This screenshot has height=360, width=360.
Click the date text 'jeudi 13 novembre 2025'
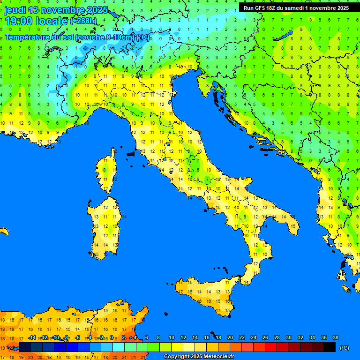(x=56, y=10)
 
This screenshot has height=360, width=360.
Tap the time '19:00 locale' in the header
(x=37, y=21)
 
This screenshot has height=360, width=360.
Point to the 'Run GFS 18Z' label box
(x=296, y=8)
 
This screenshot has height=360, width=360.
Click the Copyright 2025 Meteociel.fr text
(x=199, y=356)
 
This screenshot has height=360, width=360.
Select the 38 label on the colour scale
(x=335, y=337)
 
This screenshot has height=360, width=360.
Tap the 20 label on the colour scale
(x=230, y=337)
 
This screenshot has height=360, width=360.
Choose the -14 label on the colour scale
(x=32, y=337)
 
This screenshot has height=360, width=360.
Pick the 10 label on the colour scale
(x=172, y=337)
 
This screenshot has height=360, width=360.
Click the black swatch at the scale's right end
(x=330, y=347)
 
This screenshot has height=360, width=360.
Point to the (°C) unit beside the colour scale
(x=344, y=347)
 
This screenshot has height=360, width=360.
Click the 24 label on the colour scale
(x=254, y=337)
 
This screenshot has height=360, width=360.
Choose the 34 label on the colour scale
(x=312, y=337)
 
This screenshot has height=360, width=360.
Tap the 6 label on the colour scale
(x=147, y=337)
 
